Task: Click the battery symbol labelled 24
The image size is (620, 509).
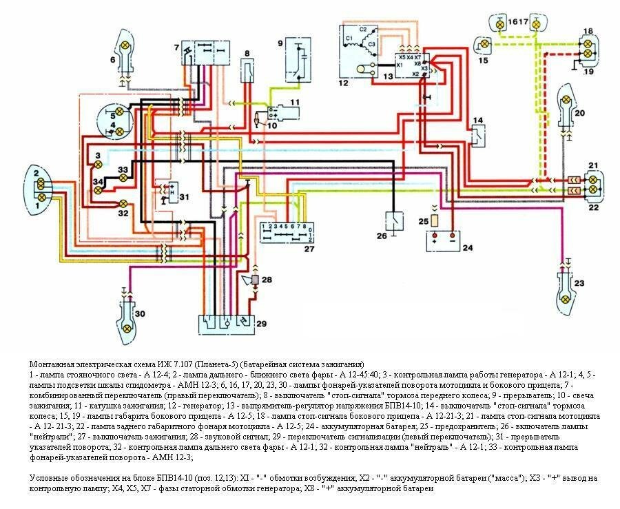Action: [443, 240]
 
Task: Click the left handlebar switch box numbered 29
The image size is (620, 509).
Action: [225, 321]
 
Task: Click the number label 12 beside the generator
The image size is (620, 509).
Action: [344, 83]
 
